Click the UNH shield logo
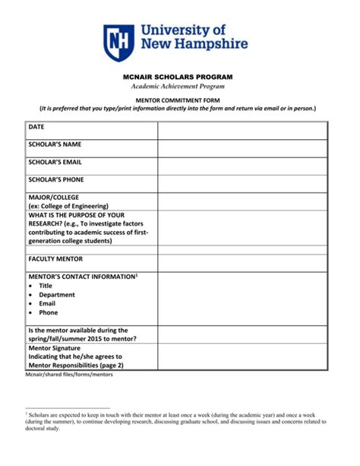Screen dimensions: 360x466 click(119, 42)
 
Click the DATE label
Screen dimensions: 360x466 click(36, 127)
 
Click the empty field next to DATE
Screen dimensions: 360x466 click(242, 130)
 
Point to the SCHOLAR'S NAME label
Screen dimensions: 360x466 click(55, 144)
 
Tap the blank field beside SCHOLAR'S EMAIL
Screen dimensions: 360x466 click(242, 166)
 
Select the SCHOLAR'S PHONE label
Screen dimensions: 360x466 click(56, 180)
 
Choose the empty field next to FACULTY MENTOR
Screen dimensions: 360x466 click(242, 262)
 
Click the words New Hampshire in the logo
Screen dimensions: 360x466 click(194, 44)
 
